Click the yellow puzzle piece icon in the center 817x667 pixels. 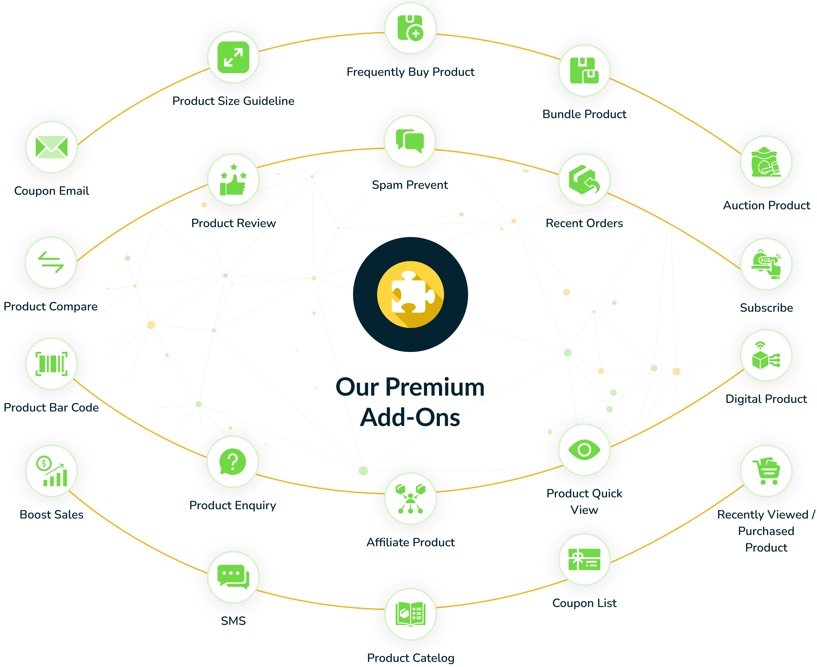(x=410, y=294)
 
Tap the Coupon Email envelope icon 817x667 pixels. (x=52, y=147)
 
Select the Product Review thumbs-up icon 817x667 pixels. (x=233, y=179)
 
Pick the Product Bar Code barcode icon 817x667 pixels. (x=52, y=363)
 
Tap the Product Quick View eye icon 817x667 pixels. (x=584, y=449)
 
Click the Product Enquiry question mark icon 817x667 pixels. (x=233, y=462)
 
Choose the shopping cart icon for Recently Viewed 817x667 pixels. (x=766, y=471)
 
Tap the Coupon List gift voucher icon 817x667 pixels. (x=584, y=559)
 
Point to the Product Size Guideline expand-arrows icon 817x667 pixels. (x=233, y=57)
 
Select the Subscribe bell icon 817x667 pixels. (x=766, y=264)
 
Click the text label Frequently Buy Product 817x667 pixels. (x=410, y=72)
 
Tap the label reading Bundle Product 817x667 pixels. (x=584, y=114)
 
